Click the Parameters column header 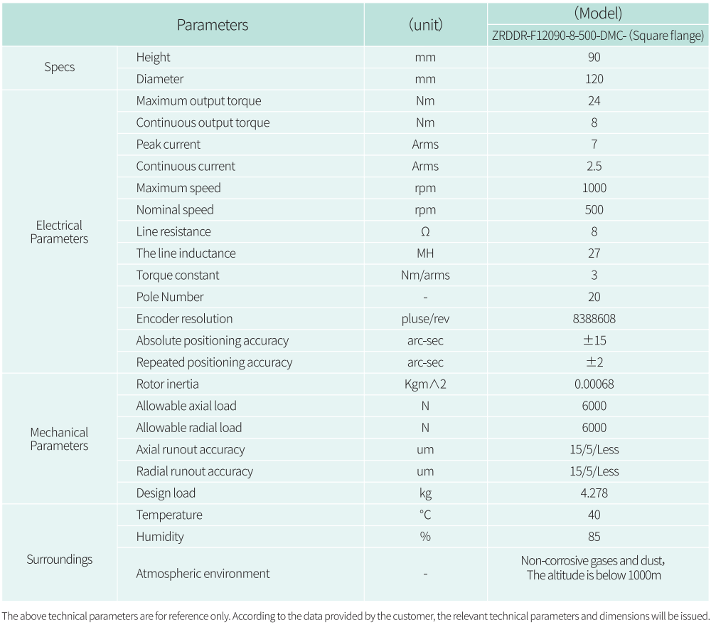pyautogui.click(x=213, y=25)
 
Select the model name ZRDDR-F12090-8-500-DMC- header pyautogui.click(x=597, y=36)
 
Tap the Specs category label pyautogui.click(x=59, y=68)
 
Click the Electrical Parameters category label pyautogui.click(x=59, y=232)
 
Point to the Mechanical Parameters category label pyautogui.click(x=59, y=439)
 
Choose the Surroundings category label pyautogui.click(x=59, y=560)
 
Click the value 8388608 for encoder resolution pyautogui.click(x=594, y=319)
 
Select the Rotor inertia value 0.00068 pyautogui.click(x=594, y=384)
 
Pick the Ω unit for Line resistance pyautogui.click(x=425, y=232)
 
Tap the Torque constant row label pyautogui.click(x=178, y=275)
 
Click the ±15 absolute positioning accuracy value pyautogui.click(x=594, y=341)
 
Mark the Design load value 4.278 pyautogui.click(x=594, y=493)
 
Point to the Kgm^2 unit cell pyautogui.click(x=425, y=384)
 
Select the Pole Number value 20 pyautogui.click(x=594, y=297)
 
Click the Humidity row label pyautogui.click(x=160, y=537)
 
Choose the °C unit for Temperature pyautogui.click(x=425, y=515)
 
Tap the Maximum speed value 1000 pyautogui.click(x=594, y=188)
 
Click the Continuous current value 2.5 pyautogui.click(x=594, y=167)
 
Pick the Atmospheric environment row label pyautogui.click(x=203, y=574)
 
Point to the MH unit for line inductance pyautogui.click(x=425, y=253)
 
